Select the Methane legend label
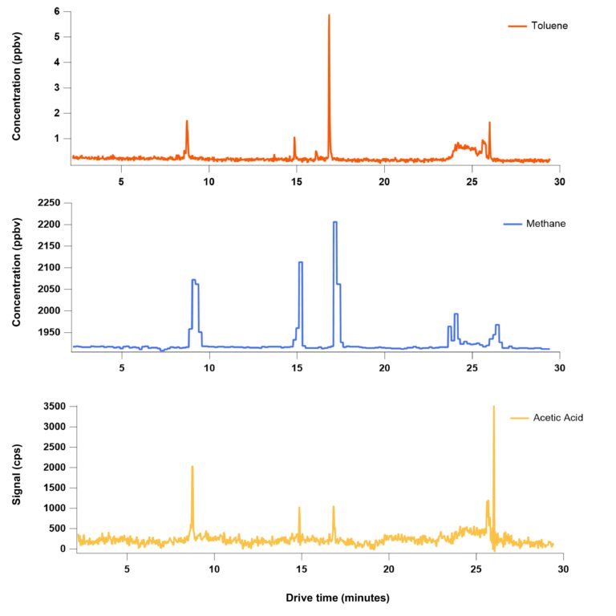(x=548, y=223)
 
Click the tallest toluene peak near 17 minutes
(x=329, y=16)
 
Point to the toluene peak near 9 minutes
(x=187, y=122)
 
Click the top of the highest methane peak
(x=334, y=222)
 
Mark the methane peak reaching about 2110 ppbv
(x=300, y=262)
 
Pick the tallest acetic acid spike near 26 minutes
(x=493, y=407)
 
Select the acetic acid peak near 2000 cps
(x=192, y=467)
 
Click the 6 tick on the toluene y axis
(x=56, y=11)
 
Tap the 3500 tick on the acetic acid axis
(x=51, y=407)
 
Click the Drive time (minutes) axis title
(x=338, y=598)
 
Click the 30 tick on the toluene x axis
(x=559, y=181)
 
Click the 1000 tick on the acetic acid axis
(x=51, y=509)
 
